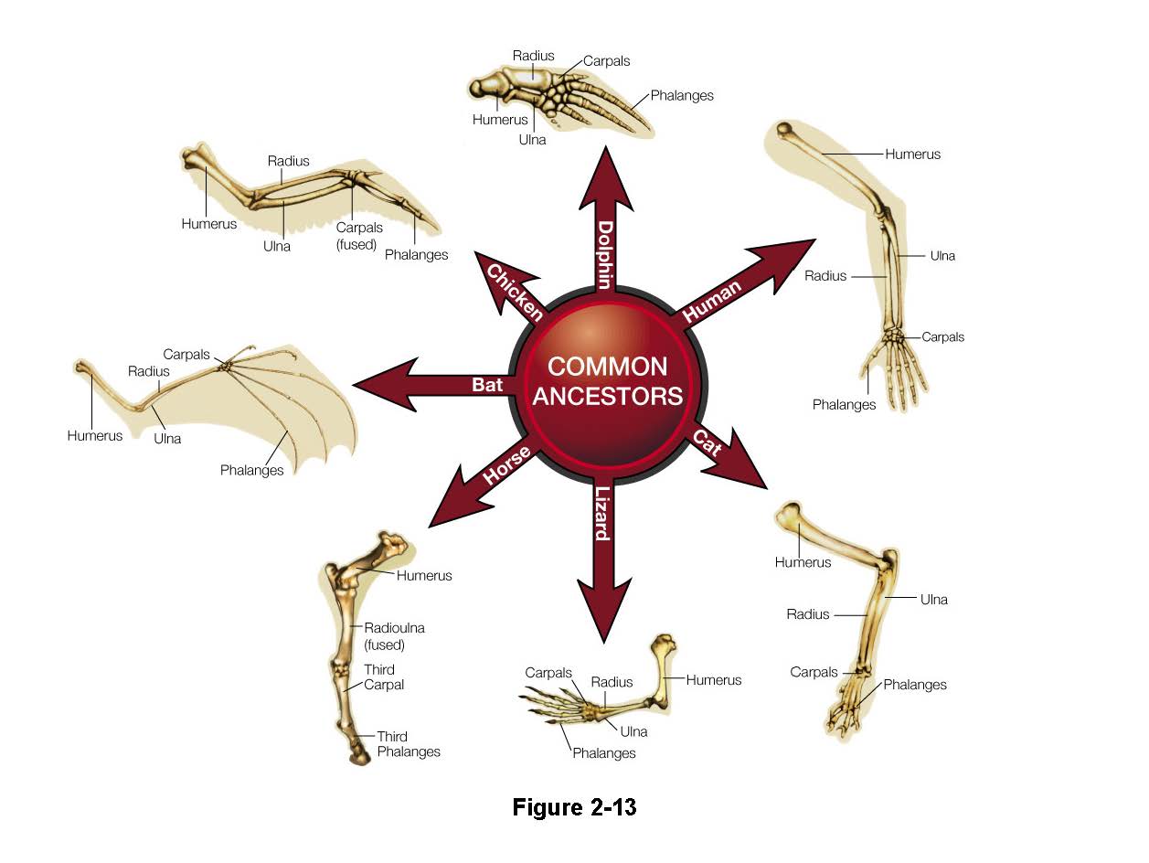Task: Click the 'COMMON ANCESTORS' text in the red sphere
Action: click(x=608, y=380)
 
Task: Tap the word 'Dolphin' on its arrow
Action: click(x=605, y=252)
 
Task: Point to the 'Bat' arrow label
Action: click(x=487, y=385)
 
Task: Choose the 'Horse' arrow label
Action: click(x=506, y=464)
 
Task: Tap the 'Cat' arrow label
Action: click(x=707, y=442)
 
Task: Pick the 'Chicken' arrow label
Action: click(x=515, y=291)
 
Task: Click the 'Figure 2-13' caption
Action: click(x=574, y=807)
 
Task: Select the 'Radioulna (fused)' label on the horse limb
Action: click(x=394, y=635)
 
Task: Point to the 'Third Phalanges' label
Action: click(x=408, y=744)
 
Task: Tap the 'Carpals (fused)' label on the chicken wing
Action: click(x=358, y=236)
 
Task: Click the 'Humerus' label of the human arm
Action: click(x=912, y=154)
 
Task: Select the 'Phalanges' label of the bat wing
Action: click(x=251, y=470)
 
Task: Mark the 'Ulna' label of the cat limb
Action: click(x=933, y=600)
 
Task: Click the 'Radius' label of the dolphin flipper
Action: click(x=533, y=56)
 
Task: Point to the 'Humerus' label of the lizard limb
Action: click(x=714, y=679)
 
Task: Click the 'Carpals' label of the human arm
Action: click(x=942, y=336)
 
